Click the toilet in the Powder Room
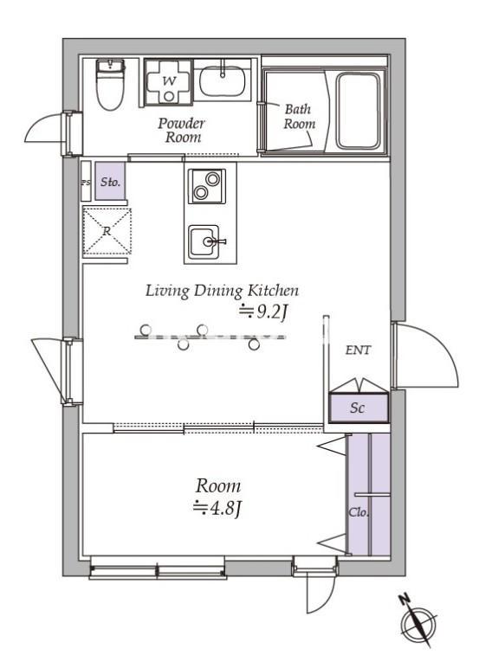[x=111, y=85]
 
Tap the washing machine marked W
[x=169, y=82]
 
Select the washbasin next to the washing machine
[x=222, y=81]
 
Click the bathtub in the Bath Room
[x=358, y=111]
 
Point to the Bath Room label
[x=299, y=116]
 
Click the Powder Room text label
[x=182, y=130]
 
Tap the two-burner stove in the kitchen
[x=207, y=186]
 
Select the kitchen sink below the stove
[x=204, y=242]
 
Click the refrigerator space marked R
[x=107, y=231]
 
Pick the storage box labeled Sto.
[x=110, y=182]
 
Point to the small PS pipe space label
[x=86, y=183]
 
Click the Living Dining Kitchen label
[x=222, y=291]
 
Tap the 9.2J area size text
[x=263, y=312]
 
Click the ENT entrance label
[x=358, y=350]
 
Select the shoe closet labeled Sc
[x=359, y=408]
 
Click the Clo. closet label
[x=359, y=512]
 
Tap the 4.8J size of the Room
[x=217, y=509]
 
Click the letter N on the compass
[x=404, y=600]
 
